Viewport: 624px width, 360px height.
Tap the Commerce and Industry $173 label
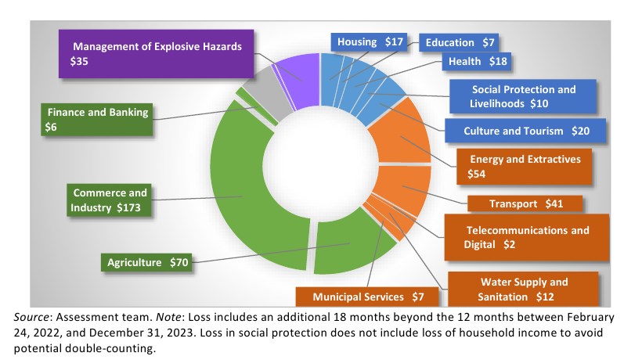[109, 200]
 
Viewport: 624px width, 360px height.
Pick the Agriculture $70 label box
[147, 262]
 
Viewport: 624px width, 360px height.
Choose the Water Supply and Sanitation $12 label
[524, 289]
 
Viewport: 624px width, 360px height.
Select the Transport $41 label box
[525, 203]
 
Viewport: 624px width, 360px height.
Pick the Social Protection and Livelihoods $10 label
[523, 96]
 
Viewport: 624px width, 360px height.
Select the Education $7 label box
[460, 42]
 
